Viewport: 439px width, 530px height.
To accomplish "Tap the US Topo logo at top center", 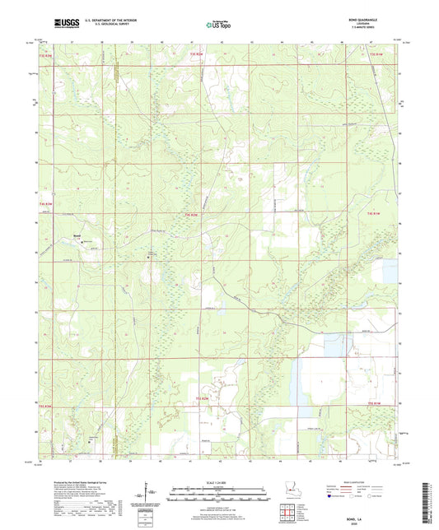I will [x=219, y=25].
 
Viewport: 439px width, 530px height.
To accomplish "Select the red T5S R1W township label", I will [x=375, y=403].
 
